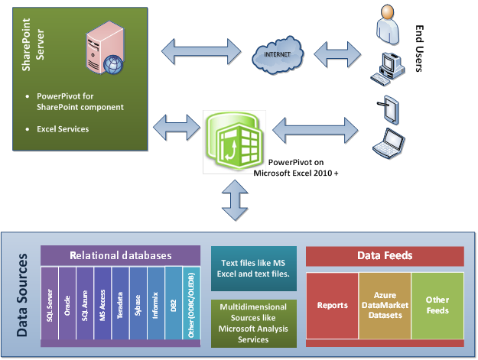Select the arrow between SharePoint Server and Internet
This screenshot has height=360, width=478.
click(x=203, y=54)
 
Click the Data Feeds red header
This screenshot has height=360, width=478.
click(x=384, y=256)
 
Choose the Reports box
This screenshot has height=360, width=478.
click(x=333, y=305)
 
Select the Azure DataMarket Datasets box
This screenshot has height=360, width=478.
click(x=385, y=305)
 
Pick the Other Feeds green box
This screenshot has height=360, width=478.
click(x=437, y=305)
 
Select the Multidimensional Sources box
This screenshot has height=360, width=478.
click(x=252, y=323)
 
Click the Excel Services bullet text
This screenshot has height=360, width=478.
click(x=63, y=128)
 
